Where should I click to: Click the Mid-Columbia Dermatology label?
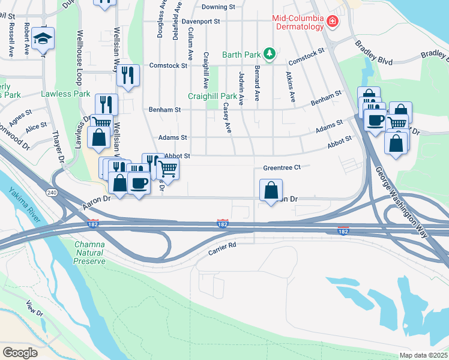(299, 22)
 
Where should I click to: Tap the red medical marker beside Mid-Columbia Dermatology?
(331, 22)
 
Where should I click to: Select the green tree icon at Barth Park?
(270, 54)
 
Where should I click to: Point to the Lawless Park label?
(65, 94)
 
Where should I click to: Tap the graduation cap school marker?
(43, 39)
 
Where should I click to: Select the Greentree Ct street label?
(282, 168)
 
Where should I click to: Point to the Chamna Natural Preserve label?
(90, 253)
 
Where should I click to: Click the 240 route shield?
(51, 192)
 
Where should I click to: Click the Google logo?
(20, 353)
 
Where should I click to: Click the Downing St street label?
(218, 7)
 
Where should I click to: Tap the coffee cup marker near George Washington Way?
(376, 119)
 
